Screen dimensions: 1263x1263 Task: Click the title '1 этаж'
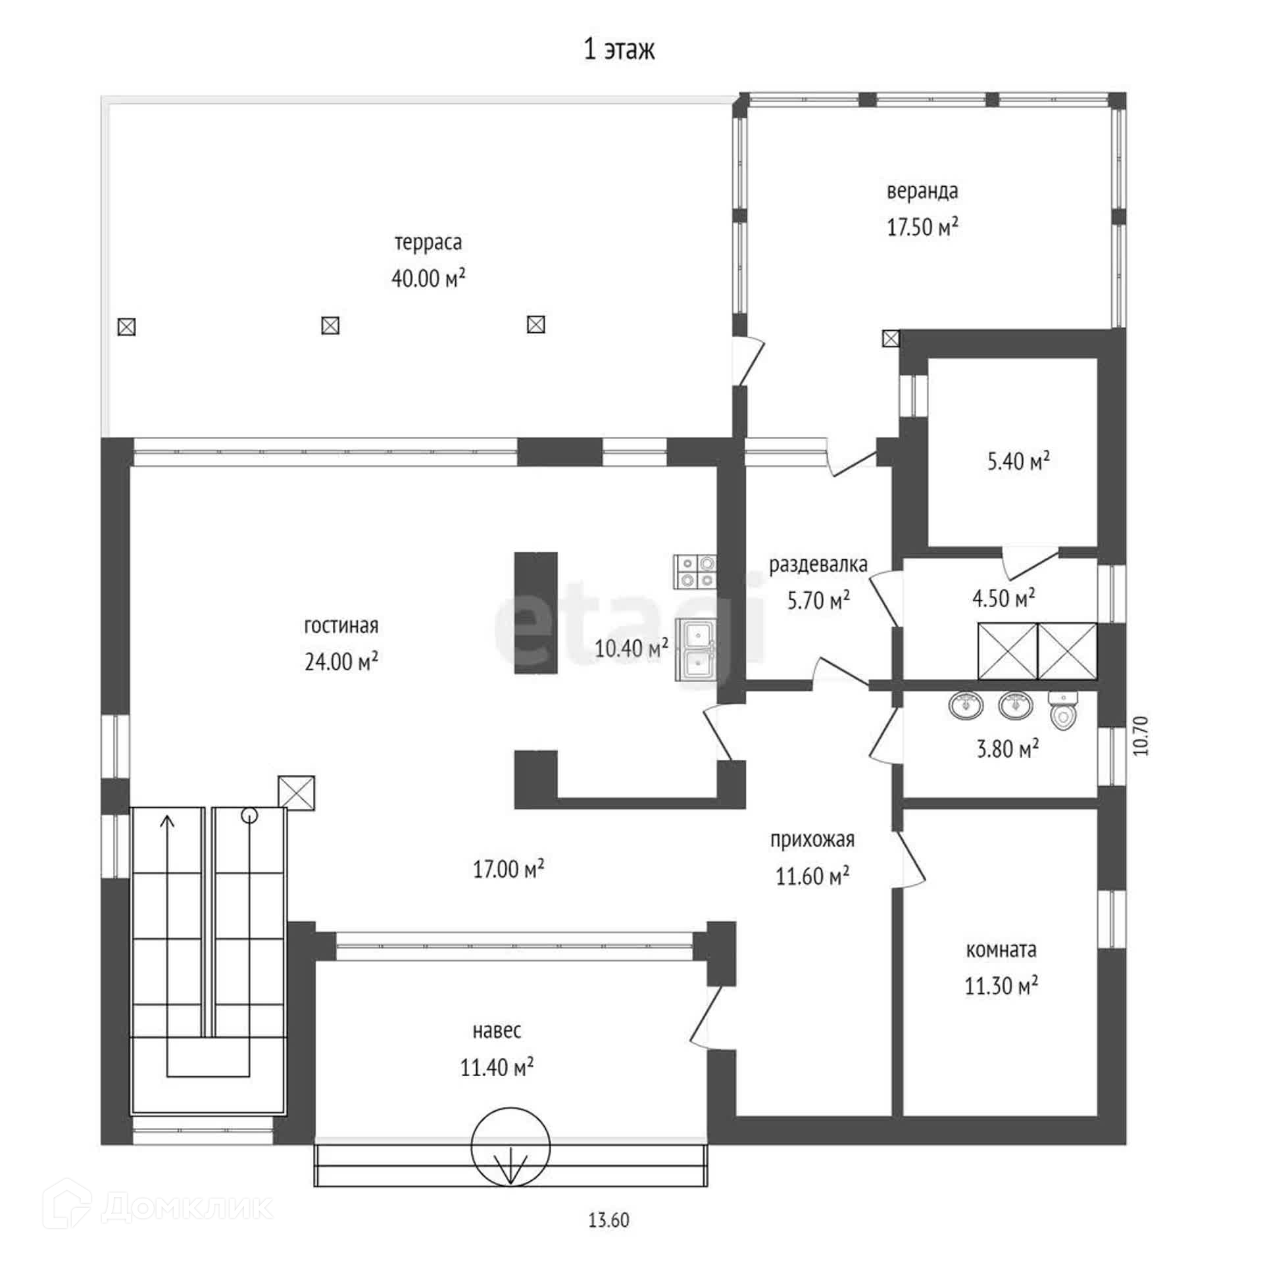(x=619, y=50)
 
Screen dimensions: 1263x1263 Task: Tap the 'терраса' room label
(x=428, y=243)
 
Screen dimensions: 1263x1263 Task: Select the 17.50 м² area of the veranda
(x=922, y=227)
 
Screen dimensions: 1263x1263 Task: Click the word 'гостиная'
(x=341, y=626)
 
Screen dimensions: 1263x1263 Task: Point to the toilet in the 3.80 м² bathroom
(x=1062, y=711)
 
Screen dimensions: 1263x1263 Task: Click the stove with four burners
(x=695, y=572)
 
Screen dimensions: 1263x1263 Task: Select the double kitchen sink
(x=696, y=649)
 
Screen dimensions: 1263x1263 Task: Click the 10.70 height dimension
(x=1141, y=735)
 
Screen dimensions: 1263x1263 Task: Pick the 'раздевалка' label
(x=818, y=564)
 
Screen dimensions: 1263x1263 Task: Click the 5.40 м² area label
(x=1018, y=461)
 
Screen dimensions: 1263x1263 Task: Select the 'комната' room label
(x=1001, y=950)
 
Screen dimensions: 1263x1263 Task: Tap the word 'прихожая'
(x=812, y=840)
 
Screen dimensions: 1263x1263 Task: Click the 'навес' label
(x=497, y=1031)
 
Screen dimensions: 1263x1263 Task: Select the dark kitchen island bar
(x=535, y=612)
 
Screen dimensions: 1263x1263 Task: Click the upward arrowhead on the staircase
(x=168, y=821)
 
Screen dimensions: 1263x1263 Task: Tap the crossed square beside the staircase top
(x=296, y=793)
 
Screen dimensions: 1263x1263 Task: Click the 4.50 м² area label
(x=1004, y=598)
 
